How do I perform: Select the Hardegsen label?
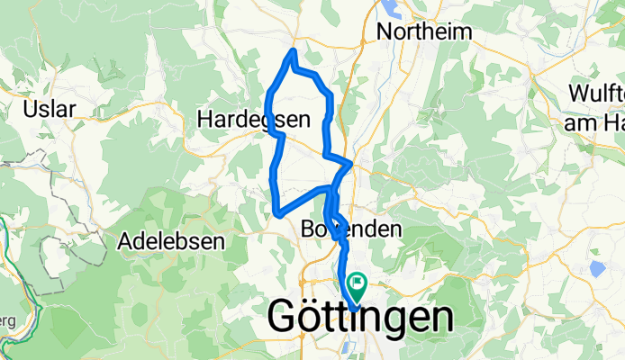(253, 119)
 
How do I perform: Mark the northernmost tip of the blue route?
(292, 51)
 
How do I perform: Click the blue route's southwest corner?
(276, 213)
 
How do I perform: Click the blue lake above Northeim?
(397, 8)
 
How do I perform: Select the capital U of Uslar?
(30, 109)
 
